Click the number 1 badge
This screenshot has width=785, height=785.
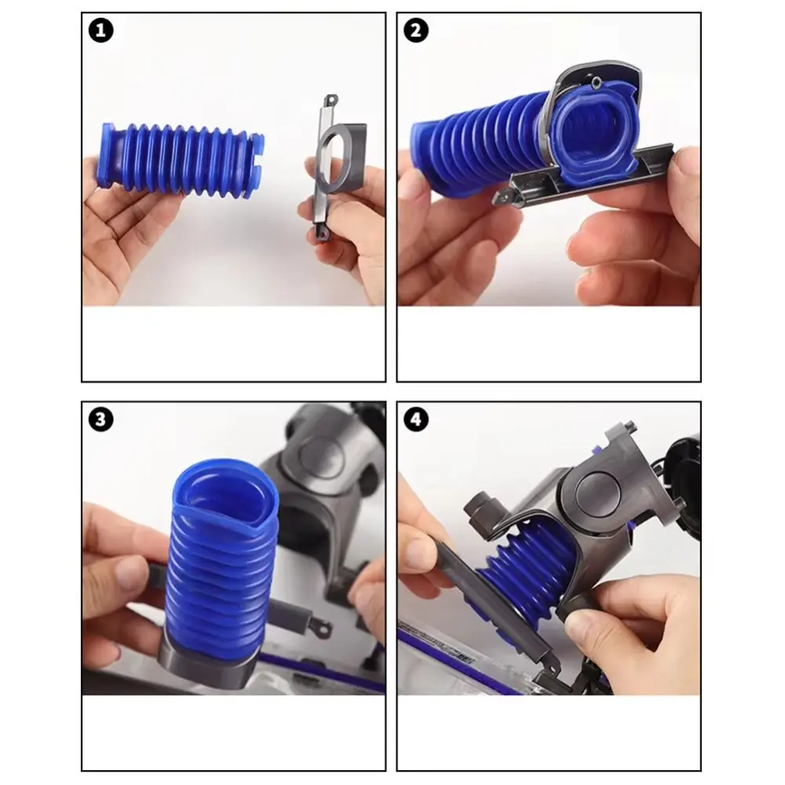coord(102,31)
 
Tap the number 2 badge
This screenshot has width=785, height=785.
coord(415,31)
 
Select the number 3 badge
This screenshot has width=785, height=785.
coord(102,420)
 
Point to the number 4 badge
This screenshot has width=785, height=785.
coord(415,420)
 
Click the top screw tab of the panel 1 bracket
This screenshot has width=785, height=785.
coord(331,100)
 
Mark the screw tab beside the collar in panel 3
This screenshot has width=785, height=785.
coord(310,627)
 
